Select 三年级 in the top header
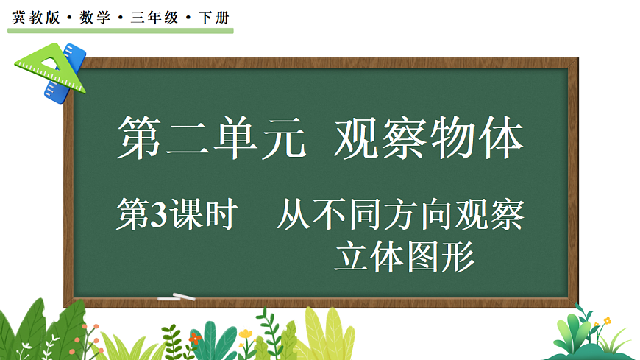(x=154, y=17)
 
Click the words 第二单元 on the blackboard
(x=212, y=138)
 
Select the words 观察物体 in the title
(x=428, y=138)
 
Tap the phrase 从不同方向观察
(x=401, y=216)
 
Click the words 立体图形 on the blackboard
(x=405, y=257)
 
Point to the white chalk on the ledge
(x=177, y=297)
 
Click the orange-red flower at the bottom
(x=194, y=338)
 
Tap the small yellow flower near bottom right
(x=607, y=321)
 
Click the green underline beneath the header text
(x=121, y=31)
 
